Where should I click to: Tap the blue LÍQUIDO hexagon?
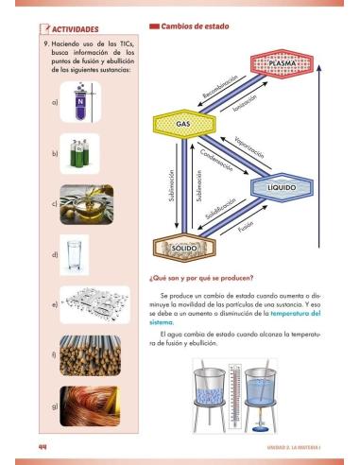pos(281,187)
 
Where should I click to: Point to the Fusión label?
pos(248,228)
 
